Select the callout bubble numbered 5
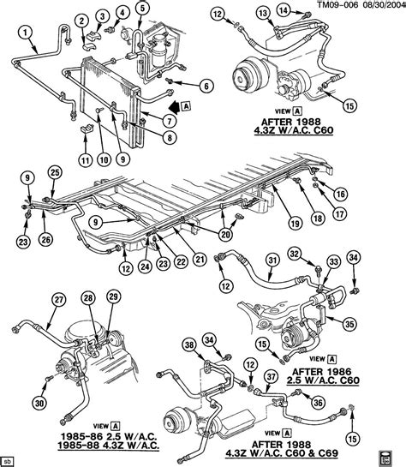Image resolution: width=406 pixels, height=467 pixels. pyautogui.click(x=142, y=9)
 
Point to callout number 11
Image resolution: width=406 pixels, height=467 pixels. pyautogui.click(x=59, y=160)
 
